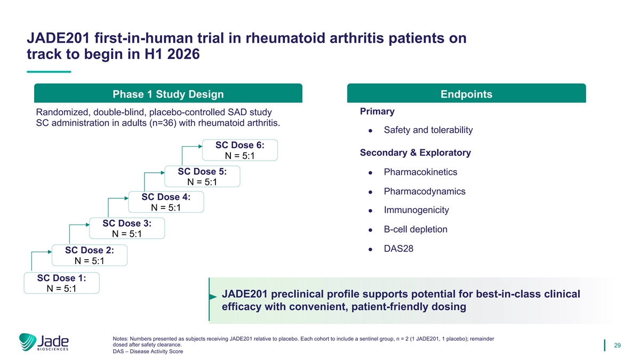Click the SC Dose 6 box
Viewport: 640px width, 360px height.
[240, 150]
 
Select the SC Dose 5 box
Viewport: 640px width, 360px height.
[202, 177]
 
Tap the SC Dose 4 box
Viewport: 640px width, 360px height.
[166, 202]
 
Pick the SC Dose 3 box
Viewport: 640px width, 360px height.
[127, 228]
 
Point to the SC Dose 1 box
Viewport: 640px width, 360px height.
[62, 283]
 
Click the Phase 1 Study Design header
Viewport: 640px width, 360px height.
[168, 94]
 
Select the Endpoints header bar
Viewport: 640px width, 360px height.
[466, 94]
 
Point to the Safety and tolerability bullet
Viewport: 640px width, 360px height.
[428, 130]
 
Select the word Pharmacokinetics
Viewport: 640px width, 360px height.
[420, 172]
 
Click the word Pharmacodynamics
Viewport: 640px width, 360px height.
[425, 191]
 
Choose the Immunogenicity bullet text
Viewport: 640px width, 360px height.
[417, 210]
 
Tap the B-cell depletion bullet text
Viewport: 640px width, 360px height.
[415, 229]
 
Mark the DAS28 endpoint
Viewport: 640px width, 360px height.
[398, 249]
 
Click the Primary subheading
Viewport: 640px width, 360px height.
[377, 111]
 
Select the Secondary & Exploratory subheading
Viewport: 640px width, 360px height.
[415, 153]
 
